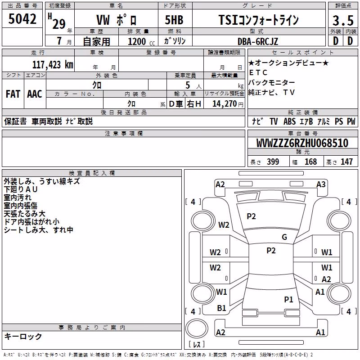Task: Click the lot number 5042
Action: pos(22,19)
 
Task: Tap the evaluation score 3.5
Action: pos(343,20)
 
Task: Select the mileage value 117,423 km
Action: pos(53,65)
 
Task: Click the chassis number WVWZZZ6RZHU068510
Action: pos(302,143)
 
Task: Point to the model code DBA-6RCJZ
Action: pos(258,41)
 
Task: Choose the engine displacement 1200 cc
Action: pos(141,41)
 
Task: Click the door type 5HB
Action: pos(174,20)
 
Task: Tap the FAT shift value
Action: pos(13,94)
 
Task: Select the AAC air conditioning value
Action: pos(35,94)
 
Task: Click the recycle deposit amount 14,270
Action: pos(224,104)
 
